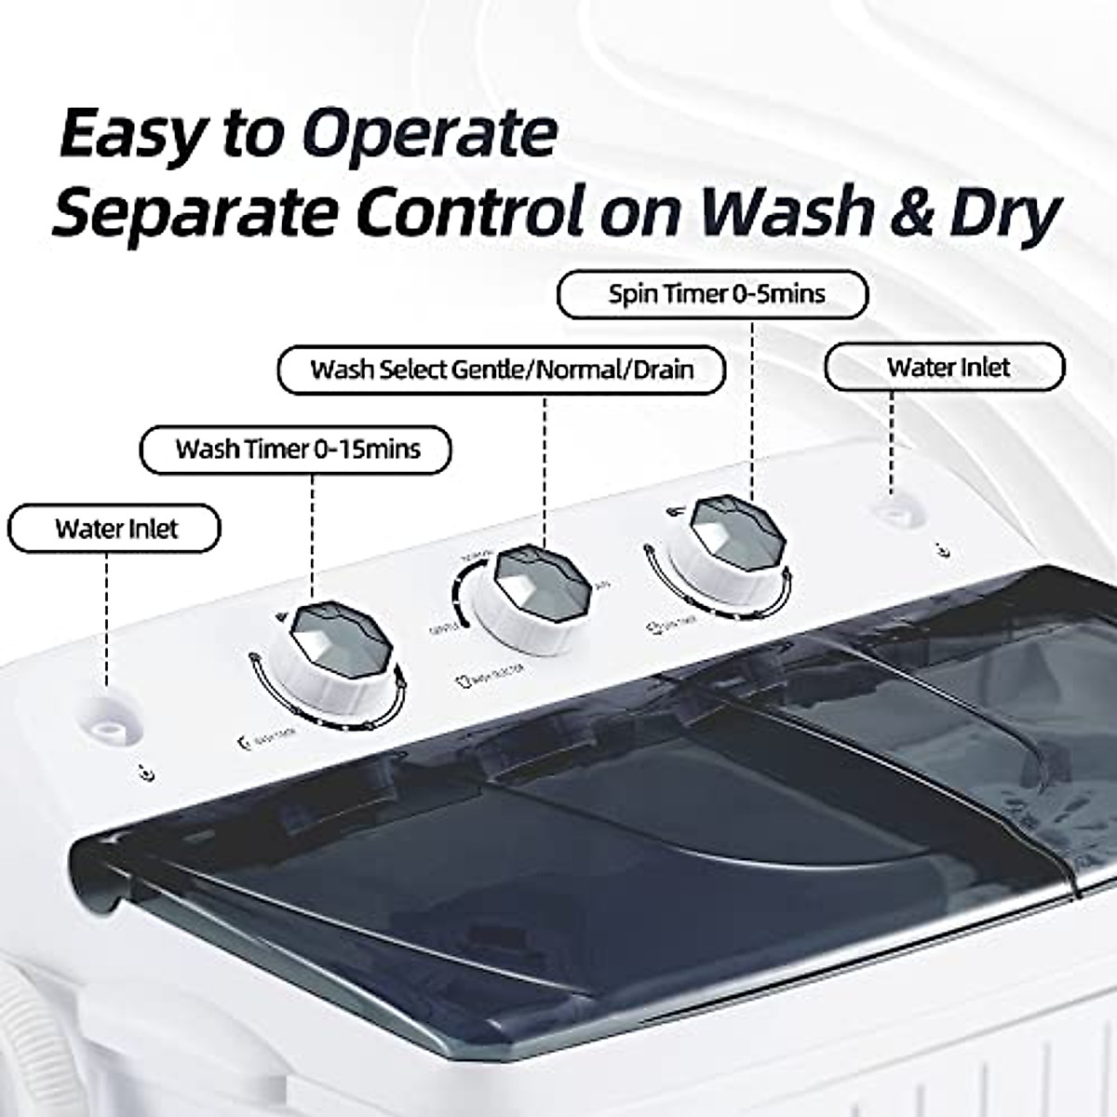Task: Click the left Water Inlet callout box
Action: (114, 529)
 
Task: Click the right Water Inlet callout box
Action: (945, 367)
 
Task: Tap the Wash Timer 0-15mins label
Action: (296, 450)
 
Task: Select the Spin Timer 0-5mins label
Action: (712, 294)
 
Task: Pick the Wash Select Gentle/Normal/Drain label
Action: (502, 370)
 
